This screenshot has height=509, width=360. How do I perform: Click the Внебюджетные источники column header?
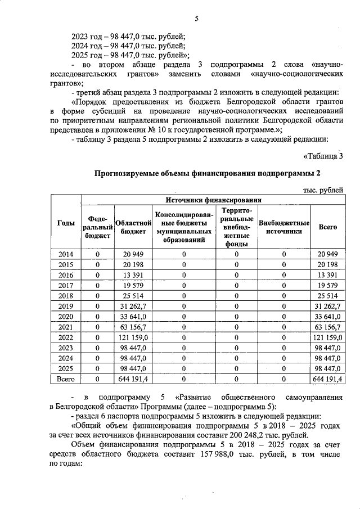click(x=284, y=227)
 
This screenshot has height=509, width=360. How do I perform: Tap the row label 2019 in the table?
click(x=66, y=307)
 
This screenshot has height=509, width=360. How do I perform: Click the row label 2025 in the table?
click(x=66, y=368)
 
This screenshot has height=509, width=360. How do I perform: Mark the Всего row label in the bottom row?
click(x=66, y=380)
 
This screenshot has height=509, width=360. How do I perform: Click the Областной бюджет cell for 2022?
click(x=133, y=337)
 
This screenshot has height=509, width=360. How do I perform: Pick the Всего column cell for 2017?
click(x=327, y=286)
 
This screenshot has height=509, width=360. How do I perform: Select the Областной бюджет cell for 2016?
click(x=133, y=275)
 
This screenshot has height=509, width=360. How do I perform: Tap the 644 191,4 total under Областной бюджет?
click(x=133, y=380)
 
